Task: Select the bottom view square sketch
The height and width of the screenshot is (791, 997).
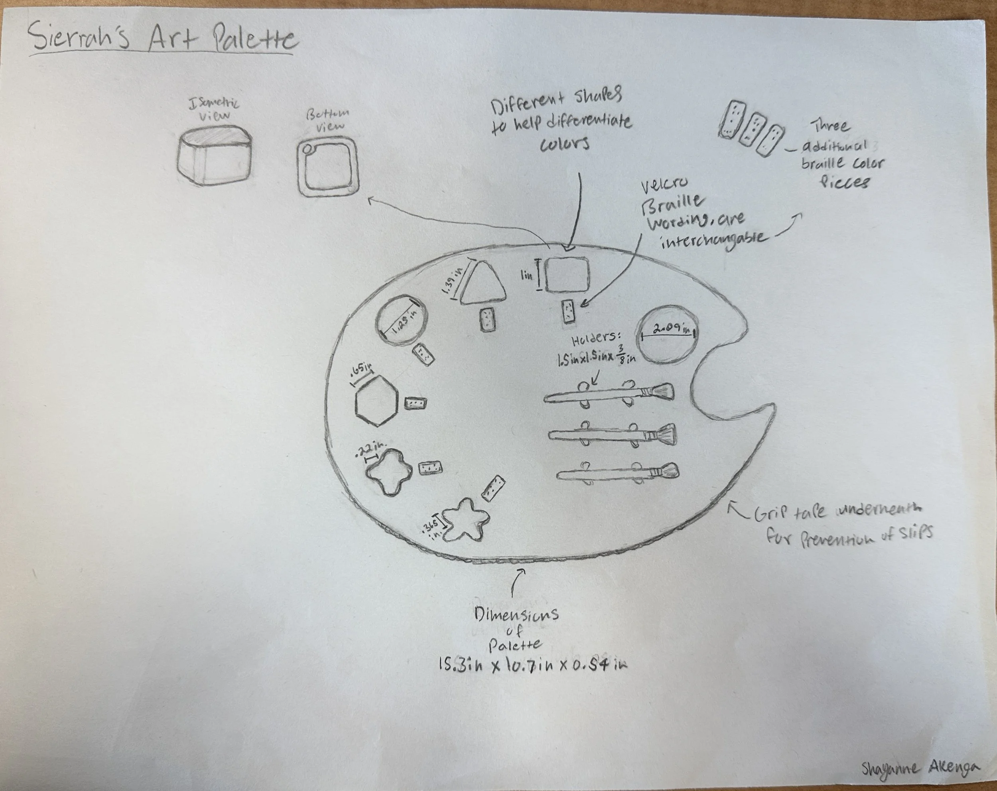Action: [x=328, y=168]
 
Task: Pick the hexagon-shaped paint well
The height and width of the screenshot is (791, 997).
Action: [x=376, y=400]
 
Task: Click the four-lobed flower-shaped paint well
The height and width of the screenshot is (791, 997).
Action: [x=389, y=471]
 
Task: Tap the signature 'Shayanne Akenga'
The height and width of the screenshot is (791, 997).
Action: [x=920, y=768]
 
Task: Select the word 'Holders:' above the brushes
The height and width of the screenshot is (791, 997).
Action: [x=596, y=339]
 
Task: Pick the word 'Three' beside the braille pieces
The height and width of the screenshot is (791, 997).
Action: [x=830, y=126]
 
